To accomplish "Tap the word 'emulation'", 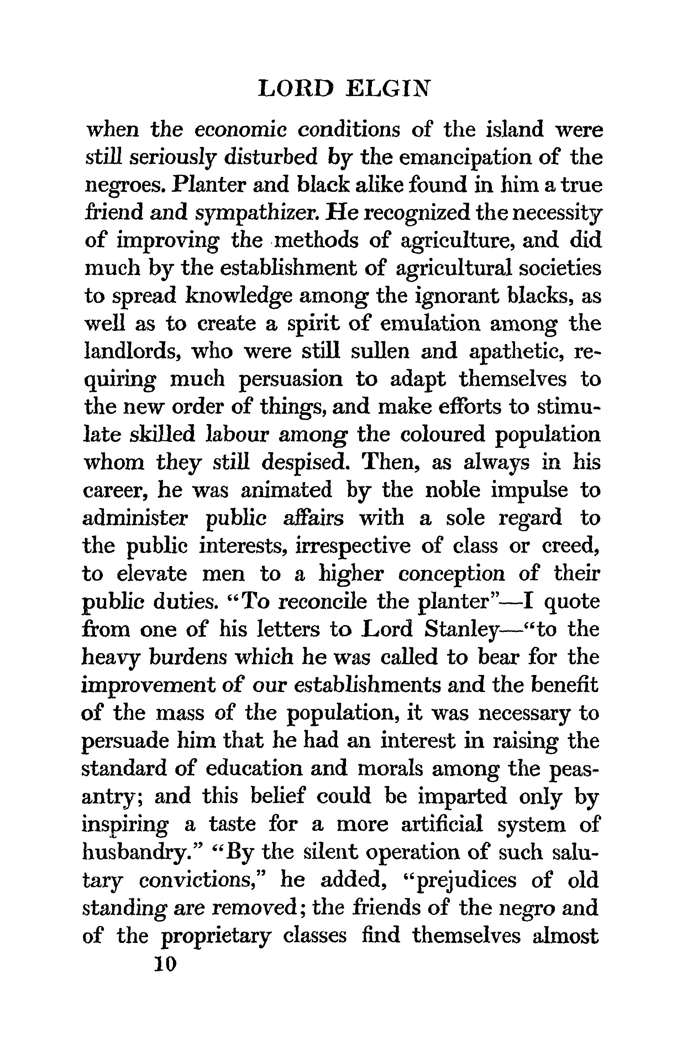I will pyautogui.click(x=430, y=324).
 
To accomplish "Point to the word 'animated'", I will pyautogui.click(x=286, y=491).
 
